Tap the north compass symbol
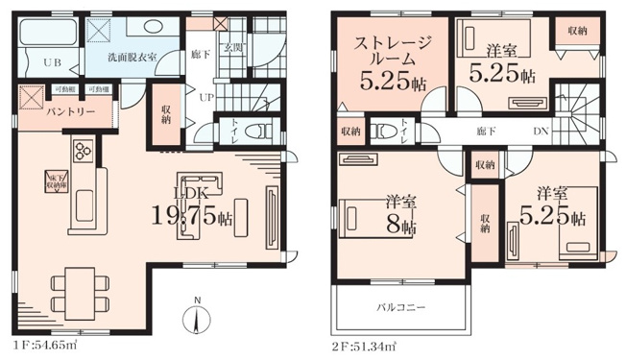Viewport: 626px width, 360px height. pos(197,317)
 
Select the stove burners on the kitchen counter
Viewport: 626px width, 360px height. pos(82,149)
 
